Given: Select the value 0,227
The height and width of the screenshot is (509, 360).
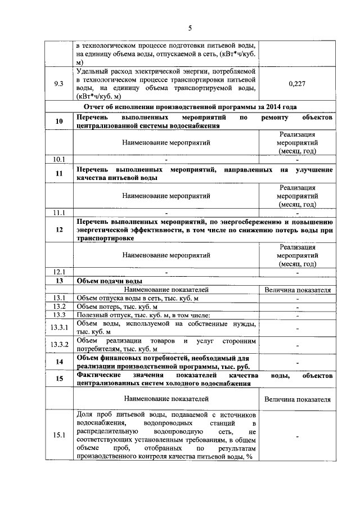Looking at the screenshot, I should click(296, 84).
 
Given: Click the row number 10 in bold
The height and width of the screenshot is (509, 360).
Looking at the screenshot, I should click(59, 121).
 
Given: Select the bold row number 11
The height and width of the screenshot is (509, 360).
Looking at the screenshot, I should click(59, 174).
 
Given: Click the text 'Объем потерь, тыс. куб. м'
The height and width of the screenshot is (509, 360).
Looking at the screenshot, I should click(112, 306).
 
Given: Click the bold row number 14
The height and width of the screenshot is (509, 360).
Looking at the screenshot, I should click(59, 362).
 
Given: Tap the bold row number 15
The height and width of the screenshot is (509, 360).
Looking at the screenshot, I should click(59, 379).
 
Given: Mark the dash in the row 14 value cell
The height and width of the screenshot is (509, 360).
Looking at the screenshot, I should click(296, 362).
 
